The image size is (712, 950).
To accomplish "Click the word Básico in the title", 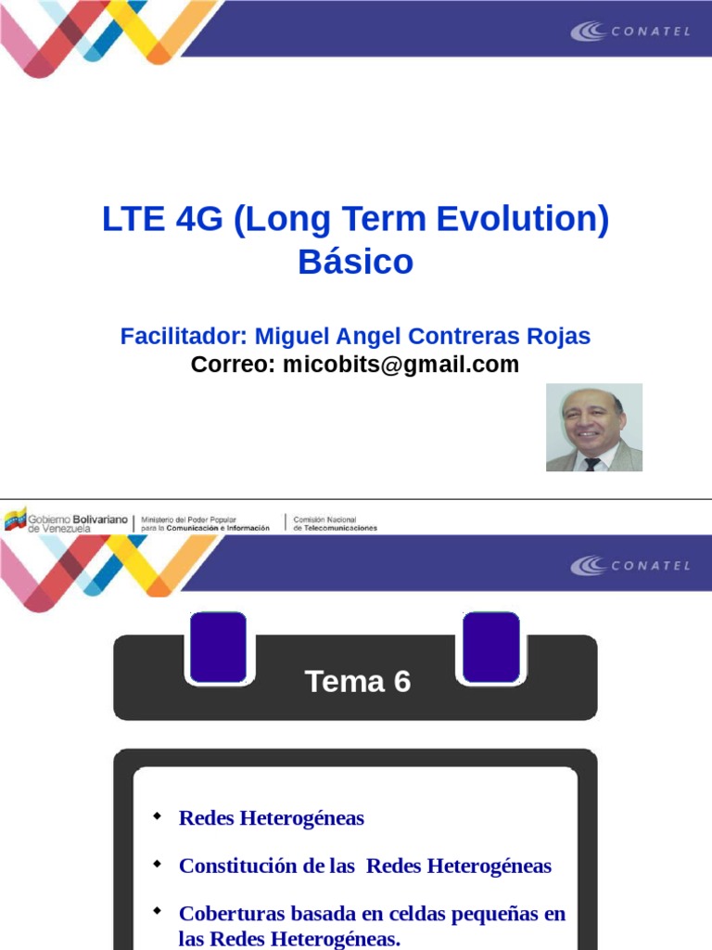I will [x=355, y=263].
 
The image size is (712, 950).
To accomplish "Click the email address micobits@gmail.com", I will [x=400, y=365].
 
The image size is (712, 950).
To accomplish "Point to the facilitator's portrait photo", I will [x=593, y=428].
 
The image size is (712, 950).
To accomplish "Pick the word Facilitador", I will [x=183, y=336].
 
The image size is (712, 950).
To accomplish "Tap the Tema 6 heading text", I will [x=357, y=682].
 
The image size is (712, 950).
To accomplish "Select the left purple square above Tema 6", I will [x=217, y=647].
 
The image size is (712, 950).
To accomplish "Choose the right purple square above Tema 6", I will [x=490, y=647].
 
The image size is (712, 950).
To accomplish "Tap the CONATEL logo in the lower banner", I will [x=630, y=565].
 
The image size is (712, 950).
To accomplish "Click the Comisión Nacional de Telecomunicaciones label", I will [x=335, y=523].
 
